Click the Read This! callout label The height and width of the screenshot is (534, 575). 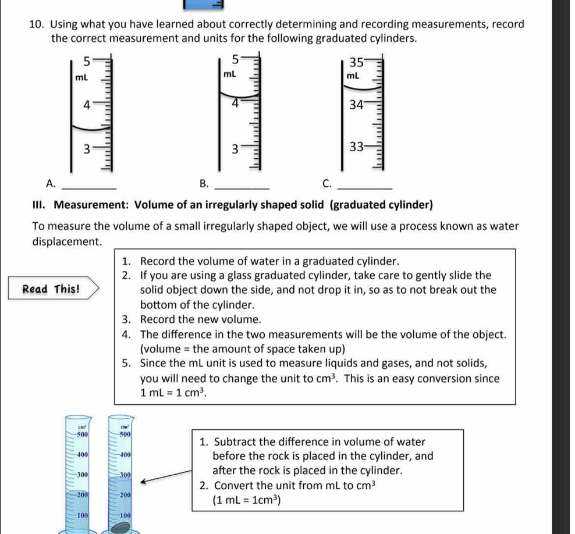click(x=51, y=289)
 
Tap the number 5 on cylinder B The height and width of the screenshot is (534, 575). click(x=235, y=59)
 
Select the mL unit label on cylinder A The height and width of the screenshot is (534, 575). click(x=81, y=77)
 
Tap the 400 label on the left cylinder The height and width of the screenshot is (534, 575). click(x=81, y=454)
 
